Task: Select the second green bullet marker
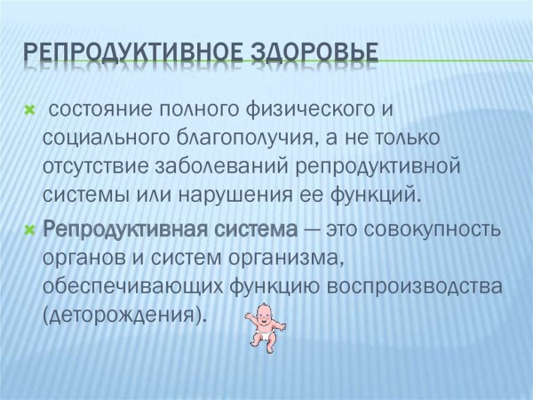[28, 230]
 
